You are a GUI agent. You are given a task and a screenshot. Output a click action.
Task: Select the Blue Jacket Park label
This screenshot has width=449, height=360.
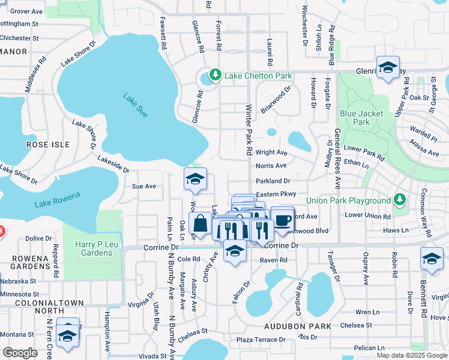point(355,118)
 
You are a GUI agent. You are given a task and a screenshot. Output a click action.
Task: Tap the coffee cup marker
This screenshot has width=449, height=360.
point(282,219)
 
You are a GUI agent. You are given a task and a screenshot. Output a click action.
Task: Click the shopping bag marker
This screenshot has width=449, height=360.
point(199,223)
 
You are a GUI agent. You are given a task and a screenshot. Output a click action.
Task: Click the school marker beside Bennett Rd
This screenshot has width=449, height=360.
point(431,258)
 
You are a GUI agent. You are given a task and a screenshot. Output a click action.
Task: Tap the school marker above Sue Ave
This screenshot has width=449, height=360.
point(195,179)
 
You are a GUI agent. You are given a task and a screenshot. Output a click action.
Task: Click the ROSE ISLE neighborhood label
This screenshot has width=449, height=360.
point(48,145)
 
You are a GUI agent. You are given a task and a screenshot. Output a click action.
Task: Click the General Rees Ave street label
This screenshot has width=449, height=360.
point(337,163)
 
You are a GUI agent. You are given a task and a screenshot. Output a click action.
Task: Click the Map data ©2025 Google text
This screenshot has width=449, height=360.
point(411,355)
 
